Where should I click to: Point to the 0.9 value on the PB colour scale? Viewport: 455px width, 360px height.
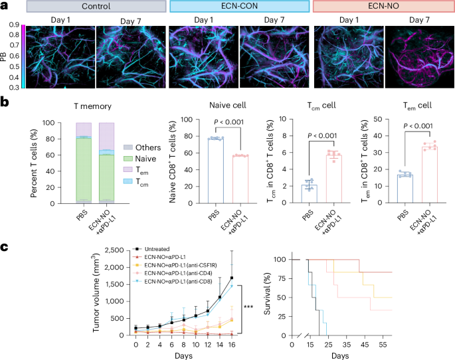(13, 25)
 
